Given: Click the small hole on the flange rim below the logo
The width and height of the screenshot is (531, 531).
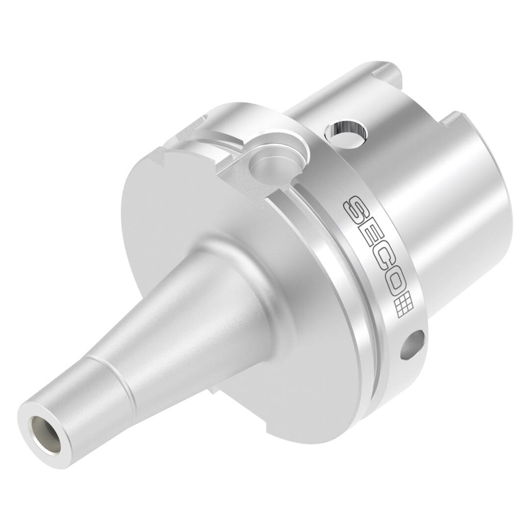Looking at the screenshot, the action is point(412,344).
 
